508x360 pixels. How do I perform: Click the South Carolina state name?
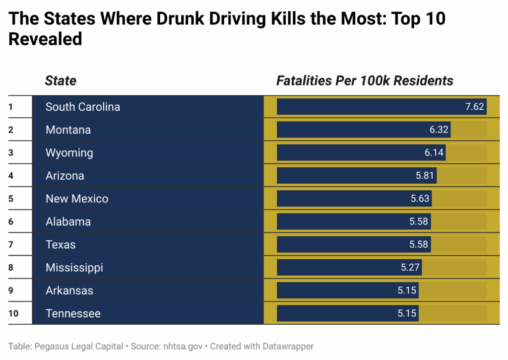pos(83,107)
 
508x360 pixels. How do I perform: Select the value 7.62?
pos(474,107)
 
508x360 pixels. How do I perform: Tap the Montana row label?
pos(68,130)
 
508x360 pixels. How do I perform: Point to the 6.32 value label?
pos(439,130)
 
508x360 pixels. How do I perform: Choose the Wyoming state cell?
pos(69,152)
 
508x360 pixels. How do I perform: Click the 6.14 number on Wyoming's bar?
pos(434,152)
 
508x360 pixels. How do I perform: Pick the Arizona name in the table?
pos(65,176)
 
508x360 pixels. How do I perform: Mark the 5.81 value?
pos(425,176)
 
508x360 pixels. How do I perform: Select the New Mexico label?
pos(77,199)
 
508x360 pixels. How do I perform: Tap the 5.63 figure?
pos(420,199)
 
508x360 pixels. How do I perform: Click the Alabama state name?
pos(68,221)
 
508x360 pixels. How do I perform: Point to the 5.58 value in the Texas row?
pos(419,244)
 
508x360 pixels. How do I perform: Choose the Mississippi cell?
pos(74,268)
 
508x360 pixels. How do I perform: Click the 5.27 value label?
pos(410,268)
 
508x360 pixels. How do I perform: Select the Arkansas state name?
pos(69,290)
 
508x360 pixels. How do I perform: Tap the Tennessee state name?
pos(73,313)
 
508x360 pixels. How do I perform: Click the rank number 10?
pos(13,313)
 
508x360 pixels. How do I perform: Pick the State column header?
pos(61,80)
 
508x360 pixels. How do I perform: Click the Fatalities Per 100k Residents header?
pos(365,80)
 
